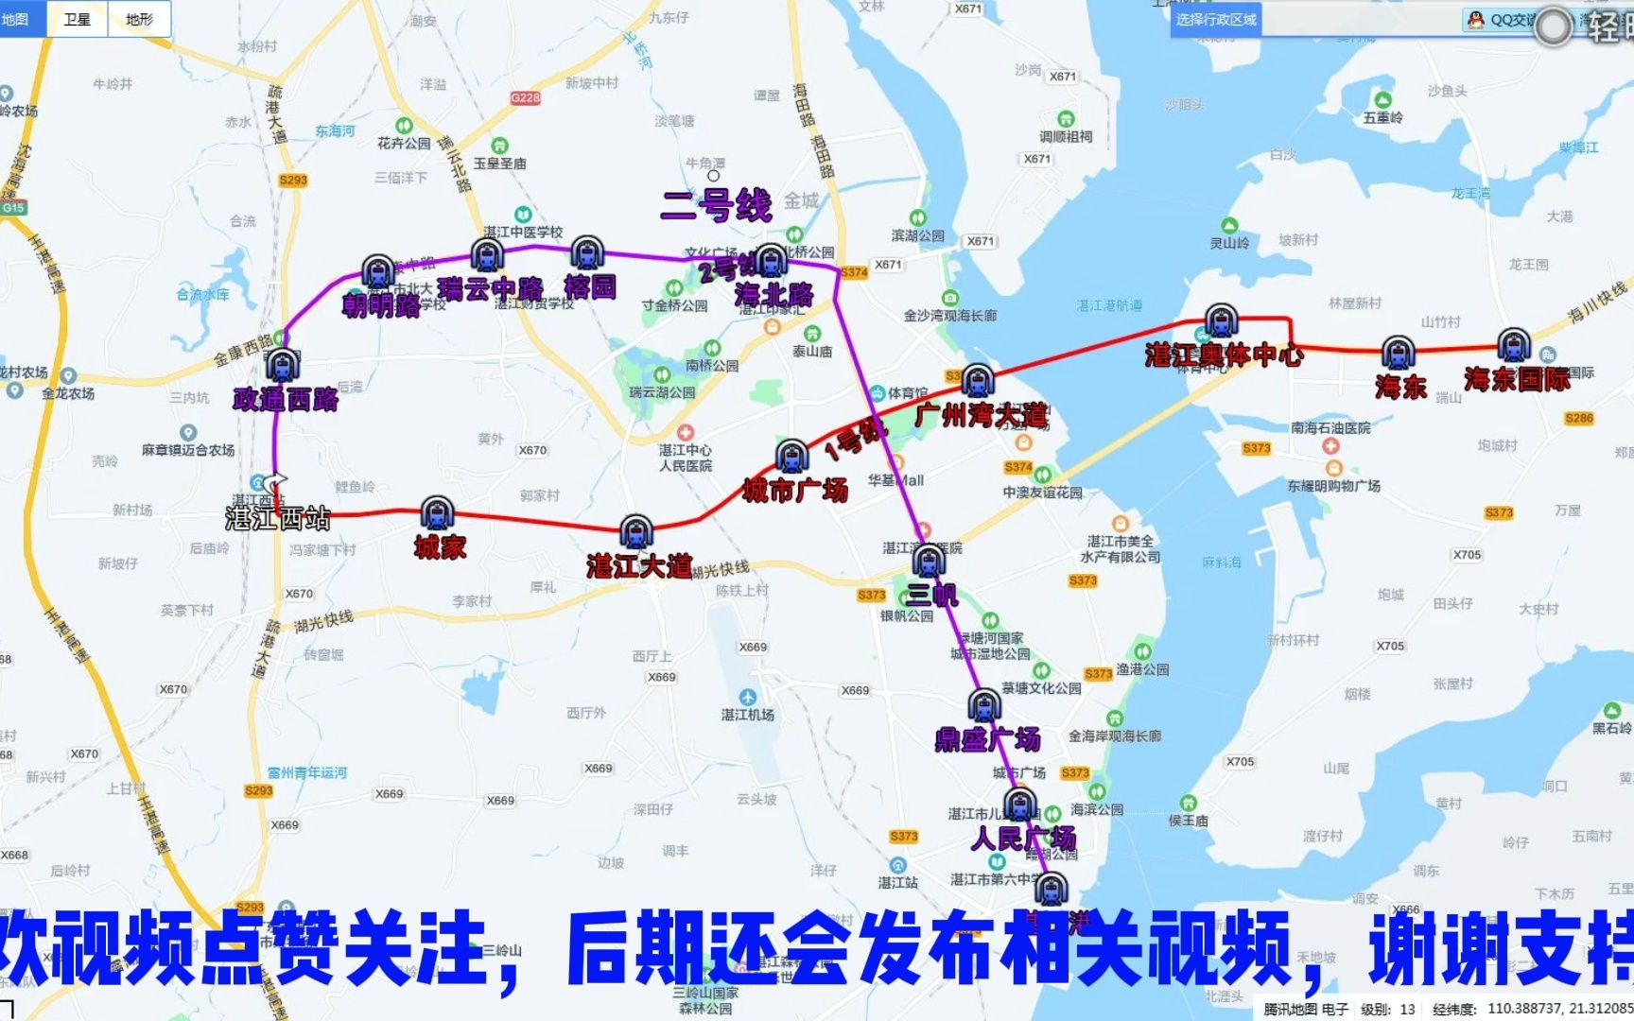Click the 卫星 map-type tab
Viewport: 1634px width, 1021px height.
[78, 19]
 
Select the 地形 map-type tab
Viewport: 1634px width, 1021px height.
[139, 19]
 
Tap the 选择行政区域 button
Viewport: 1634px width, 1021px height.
[1216, 20]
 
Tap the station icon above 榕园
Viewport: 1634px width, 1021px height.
[587, 253]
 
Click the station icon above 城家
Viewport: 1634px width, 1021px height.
[437, 513]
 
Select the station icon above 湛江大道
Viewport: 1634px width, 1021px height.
[636, 532]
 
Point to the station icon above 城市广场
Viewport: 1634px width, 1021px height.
[792, 457]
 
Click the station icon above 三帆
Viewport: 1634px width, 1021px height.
[929, 561]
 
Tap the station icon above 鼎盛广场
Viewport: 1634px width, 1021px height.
[983, 705]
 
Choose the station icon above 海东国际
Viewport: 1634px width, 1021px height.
[1514, 346]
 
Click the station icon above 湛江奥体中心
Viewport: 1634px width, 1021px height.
[1222, 321]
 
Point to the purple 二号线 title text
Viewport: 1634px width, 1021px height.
[717, 205]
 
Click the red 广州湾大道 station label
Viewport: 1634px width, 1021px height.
[982, 415]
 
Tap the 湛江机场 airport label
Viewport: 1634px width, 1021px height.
[748, 715]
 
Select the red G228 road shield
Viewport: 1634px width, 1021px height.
[525, 97]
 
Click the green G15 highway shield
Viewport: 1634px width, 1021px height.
[13, 208]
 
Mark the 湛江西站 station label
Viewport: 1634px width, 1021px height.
[278, 518]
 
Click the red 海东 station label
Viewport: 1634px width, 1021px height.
[1400, 387]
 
